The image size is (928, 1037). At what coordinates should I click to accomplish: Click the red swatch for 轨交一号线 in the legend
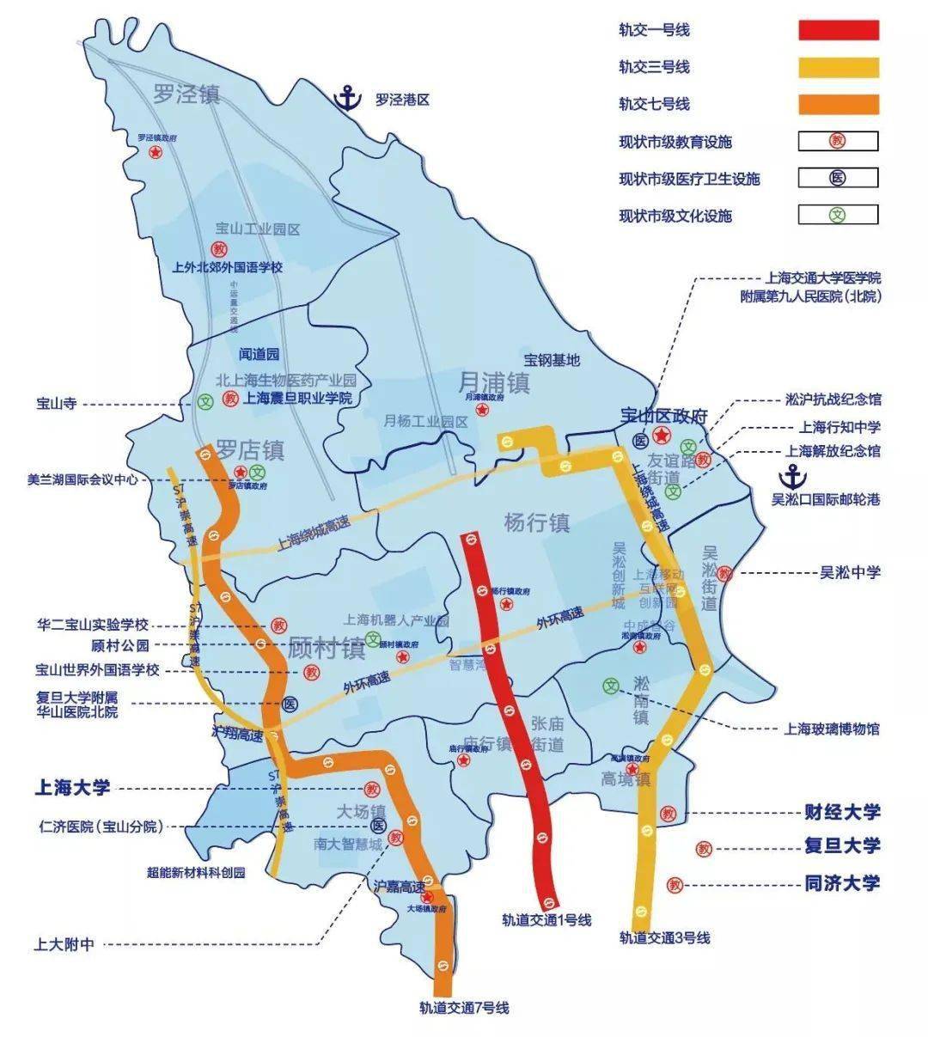click(838, 31)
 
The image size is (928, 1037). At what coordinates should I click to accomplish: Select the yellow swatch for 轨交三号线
click(838, 68)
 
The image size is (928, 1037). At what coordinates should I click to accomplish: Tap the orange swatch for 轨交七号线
click(838, 105)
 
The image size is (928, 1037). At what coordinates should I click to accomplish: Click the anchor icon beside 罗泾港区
click(348, 99)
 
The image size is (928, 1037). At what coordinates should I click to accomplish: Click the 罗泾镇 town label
click(186, 94)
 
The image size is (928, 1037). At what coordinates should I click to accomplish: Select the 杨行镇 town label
click(537, 522)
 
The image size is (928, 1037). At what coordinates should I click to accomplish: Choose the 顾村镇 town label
click(327, 648)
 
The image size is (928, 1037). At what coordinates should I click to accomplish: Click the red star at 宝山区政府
click(662, 435)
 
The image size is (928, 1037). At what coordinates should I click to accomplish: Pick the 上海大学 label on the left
click(72, 787)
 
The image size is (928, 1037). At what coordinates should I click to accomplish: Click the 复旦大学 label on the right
click(842, 846)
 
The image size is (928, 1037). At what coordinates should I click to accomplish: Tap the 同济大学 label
click(842, 883)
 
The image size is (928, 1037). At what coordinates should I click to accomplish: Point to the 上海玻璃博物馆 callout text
click(831, 729)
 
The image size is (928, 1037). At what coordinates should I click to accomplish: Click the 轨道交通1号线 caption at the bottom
click(547, 920)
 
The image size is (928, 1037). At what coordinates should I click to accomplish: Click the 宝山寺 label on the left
click(56, 404)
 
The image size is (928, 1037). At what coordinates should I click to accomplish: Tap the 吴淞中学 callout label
click(850, 572)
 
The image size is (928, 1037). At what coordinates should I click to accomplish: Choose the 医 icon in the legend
click(838, 178)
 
